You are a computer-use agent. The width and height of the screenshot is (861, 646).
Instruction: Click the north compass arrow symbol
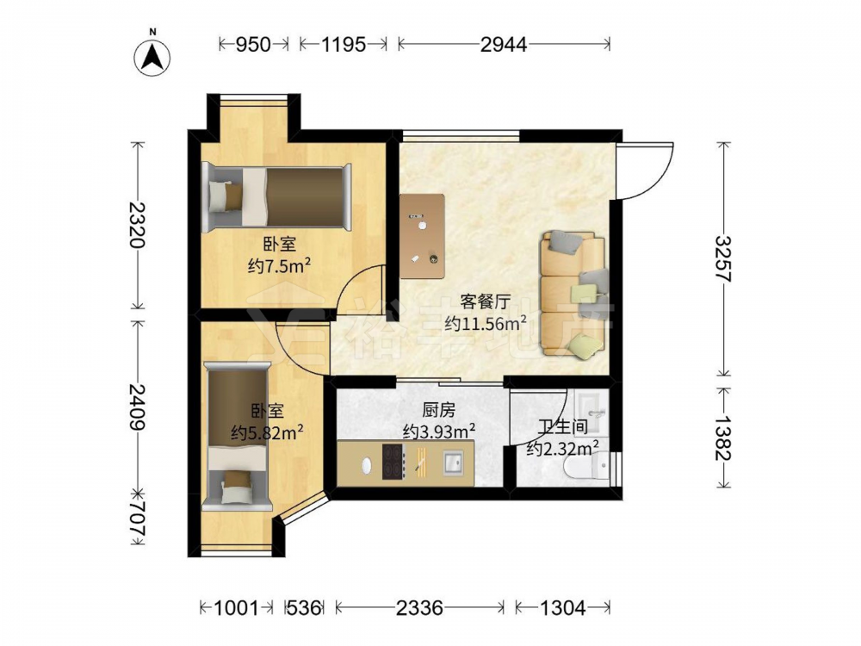(152, 58)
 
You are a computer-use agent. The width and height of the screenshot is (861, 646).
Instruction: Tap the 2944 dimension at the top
(504, 44)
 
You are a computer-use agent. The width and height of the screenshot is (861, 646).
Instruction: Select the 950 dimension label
(253, 44)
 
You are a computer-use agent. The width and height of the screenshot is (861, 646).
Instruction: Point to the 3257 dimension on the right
(724, 258)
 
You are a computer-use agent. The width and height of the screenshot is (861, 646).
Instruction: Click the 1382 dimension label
(724, 438)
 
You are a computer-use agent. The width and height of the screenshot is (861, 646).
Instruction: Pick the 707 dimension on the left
(137, 517)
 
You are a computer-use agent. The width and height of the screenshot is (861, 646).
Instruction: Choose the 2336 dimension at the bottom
(419, 607)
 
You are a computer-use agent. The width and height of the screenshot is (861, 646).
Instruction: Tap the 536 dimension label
(304, 607)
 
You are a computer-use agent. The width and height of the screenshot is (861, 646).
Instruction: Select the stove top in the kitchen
(393, 462)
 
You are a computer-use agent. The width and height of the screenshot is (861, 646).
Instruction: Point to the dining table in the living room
(422, 237)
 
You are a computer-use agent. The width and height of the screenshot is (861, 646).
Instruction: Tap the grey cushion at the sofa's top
(567, 242)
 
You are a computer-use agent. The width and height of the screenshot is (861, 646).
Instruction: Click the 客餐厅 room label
(486, 301)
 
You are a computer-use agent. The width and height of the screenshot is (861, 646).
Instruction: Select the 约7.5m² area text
(280, 267)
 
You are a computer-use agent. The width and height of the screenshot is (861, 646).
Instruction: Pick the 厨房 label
(438, 409)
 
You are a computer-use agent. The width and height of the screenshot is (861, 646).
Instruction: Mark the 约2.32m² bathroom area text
(562, 450)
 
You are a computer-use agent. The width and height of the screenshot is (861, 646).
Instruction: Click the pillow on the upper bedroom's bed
(225, 196)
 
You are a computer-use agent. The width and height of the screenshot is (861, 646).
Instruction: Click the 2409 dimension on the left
(137, 407)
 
